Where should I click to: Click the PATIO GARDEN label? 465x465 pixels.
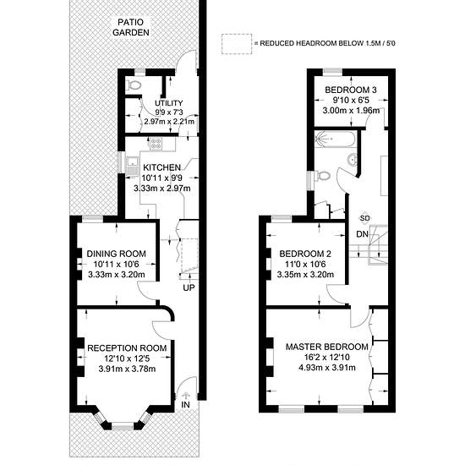(131, 27)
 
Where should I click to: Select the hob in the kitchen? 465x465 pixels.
(156, 144)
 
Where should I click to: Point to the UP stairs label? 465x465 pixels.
(189, 287)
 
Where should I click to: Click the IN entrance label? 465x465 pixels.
(185, 405)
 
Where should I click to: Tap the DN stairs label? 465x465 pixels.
(362, 234)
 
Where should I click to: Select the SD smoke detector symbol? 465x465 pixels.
(364, 218)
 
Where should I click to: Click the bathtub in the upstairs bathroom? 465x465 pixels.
(335, 139)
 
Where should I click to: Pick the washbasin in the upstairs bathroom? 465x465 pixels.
(352, 159)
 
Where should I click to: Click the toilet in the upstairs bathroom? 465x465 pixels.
(322, 176)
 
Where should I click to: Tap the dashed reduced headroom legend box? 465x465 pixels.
(237, 44)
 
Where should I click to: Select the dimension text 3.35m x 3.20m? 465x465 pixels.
(305, 274)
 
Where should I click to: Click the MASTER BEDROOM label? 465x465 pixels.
(327, 347)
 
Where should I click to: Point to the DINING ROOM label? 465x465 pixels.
(117, 254)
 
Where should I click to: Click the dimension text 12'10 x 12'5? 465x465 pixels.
(127, 358)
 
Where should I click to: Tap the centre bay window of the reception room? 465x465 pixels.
(123, 426)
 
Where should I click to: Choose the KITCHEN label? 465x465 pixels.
(161, 167)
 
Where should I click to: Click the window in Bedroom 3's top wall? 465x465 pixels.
(332, 70)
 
